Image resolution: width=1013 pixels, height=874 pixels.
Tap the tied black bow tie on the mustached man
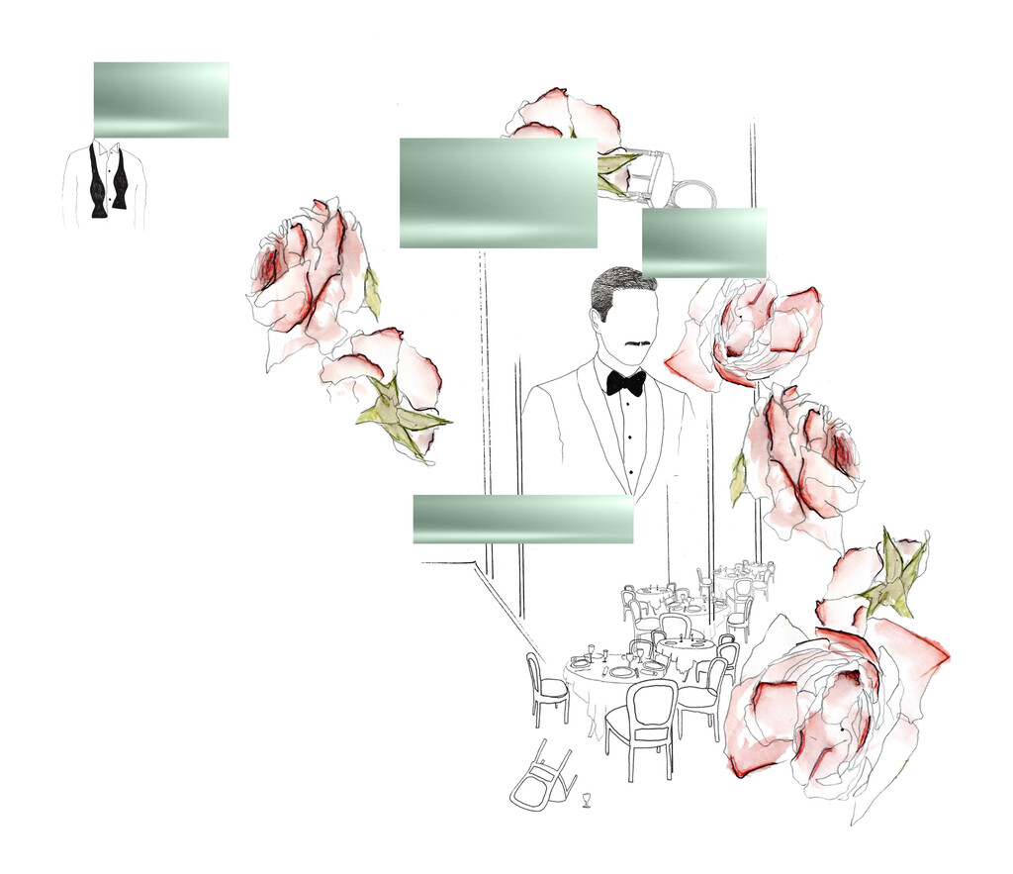pos(625,382)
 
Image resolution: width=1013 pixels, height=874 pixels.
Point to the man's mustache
pos(637,344)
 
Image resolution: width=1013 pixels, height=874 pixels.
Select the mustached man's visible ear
pos(597,319)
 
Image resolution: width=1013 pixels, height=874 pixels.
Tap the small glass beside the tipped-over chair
pos(587,798)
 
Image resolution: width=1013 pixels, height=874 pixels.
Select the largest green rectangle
pos(498,192)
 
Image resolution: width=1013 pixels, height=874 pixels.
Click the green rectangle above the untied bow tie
pos(160,99)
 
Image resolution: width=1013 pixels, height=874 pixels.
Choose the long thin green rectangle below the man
pos(522,519)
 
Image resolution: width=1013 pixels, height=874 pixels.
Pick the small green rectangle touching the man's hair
pos(703,242)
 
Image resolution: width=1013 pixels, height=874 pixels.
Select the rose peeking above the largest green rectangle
pos(564,114)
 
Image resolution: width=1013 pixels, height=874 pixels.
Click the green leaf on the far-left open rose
pos(373,292)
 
